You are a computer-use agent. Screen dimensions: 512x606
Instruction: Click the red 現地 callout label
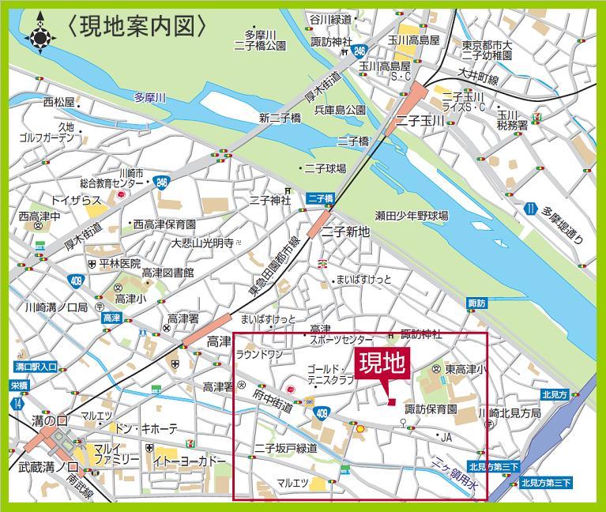pyautogui.click(x=382, y=366)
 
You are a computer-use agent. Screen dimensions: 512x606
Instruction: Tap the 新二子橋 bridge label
pyautogui.click(x=280, y=118)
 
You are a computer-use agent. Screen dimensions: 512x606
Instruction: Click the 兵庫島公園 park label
pyautogui.click(x=340, y=110)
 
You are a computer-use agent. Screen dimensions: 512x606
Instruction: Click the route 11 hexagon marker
pyautogui.click(x=529, y=210)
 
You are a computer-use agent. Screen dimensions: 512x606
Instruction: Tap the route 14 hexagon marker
pyautogui.click(x=17, y=402)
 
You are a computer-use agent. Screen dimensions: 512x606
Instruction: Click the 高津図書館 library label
pyautogui.click(x=167, y=273)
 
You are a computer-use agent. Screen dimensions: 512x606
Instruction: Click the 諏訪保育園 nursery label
pyautogui.click(x=431, y=409)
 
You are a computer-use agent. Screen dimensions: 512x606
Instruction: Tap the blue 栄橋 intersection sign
pyautogui.click(x=18, y=385)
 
